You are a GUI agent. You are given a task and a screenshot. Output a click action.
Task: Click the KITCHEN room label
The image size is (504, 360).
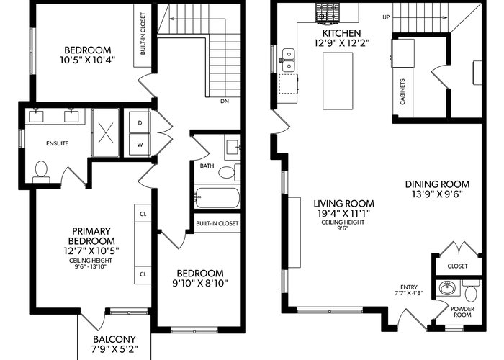[342, 33]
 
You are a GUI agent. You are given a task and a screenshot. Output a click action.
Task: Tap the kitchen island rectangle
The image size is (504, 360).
[338, 81]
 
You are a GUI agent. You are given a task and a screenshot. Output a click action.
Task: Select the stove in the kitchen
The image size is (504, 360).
[328, 13]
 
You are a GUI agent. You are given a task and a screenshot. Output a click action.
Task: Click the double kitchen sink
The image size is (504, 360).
[289, 60]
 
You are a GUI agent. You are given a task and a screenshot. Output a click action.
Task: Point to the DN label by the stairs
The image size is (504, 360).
[225, 102]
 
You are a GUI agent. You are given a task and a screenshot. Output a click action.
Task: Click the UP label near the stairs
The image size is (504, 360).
[386, 17]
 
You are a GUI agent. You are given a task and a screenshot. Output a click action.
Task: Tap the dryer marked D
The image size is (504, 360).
[140, 122]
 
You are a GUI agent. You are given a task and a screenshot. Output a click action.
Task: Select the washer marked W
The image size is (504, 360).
[140, 145]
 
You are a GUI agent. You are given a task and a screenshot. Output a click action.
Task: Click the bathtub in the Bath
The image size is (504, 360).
[217, 198]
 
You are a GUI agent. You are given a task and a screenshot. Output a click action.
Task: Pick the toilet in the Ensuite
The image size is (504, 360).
[41, 173]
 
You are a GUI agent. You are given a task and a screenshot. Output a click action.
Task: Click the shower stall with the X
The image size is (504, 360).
[105, 132]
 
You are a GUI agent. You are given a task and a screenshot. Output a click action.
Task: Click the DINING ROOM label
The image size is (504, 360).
[437, 184]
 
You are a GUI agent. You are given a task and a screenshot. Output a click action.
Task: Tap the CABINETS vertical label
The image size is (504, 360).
[402, 92]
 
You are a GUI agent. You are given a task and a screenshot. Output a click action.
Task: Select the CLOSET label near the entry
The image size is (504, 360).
[458, 266]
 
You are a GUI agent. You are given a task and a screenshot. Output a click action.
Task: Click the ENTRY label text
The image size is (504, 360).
[409, 287]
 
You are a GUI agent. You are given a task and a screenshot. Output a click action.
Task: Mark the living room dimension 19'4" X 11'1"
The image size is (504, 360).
[343, 213]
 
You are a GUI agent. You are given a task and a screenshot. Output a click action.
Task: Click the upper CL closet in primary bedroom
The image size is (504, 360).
[143, 213]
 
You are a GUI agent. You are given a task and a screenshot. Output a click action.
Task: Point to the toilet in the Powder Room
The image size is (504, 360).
[471, 291]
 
